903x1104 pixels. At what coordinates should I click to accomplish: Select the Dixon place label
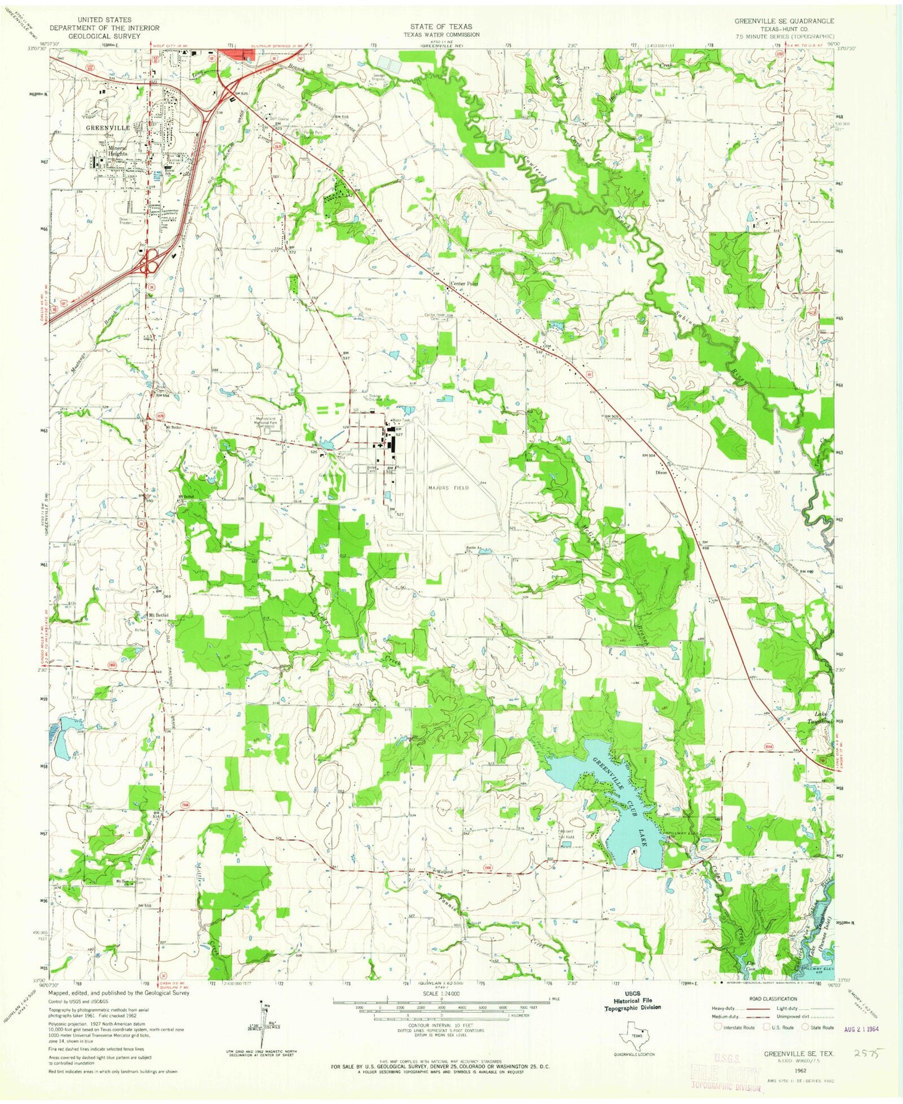(x=661, y=472)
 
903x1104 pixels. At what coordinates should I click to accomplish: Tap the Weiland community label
(x=444, y=872)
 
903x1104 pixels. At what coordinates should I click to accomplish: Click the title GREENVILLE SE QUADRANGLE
(x=784, y=21)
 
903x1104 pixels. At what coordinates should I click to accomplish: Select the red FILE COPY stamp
(x=725, y=1077)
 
